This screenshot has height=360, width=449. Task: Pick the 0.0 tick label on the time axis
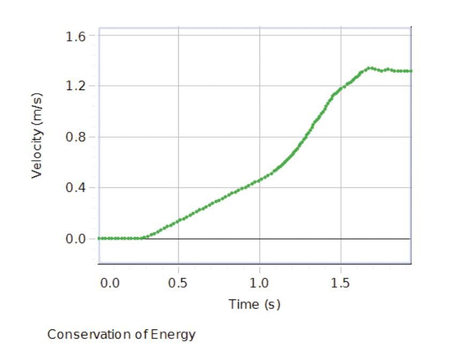(x=110, y=283)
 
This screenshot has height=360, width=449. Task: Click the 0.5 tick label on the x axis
(x=178, y=283)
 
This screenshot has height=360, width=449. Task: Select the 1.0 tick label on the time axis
(x=260, y=283)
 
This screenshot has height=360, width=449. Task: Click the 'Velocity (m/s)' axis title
(x=36, y=137)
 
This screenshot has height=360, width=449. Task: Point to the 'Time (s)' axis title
(x=255, y=305)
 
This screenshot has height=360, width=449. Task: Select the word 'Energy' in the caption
(x=175, y=335)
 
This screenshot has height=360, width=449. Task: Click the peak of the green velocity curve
(x=369, y=68)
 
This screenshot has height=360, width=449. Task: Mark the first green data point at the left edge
(x=100, y=238)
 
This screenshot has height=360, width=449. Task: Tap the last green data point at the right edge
(x=410, y=71)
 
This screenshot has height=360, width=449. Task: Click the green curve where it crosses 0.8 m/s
(x=304, y=137)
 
